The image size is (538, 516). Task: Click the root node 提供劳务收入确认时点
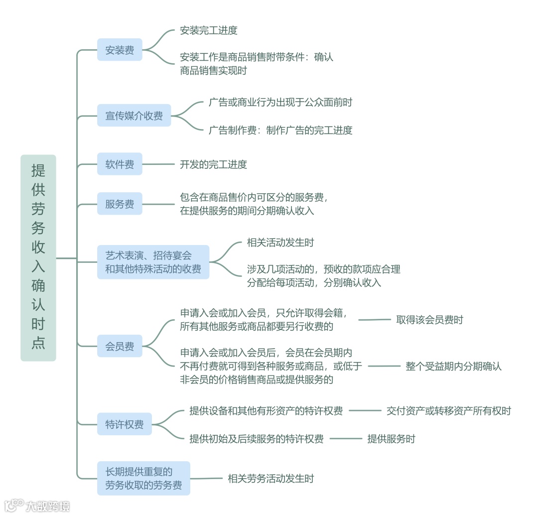click(x=38, y=258)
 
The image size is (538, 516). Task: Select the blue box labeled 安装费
click(x=120, y=50)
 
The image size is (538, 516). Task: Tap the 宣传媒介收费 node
click(x=134, y=116)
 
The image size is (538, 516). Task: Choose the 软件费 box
click(x=120, y=164)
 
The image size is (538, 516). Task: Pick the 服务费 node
click(x=120, y=204)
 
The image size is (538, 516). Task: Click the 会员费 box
click(x=120, y=346)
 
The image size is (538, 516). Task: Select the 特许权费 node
click(x=125, y=424)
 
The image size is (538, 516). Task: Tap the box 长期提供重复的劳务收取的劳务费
click(x=143, y=478)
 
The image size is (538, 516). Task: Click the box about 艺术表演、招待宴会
click(x=153, y=262)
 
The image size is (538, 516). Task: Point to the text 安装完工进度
click(x=209, y=30)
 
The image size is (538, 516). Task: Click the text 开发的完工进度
click(x=213, y=164)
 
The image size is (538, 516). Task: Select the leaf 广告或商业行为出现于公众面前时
click(x=280, y=102)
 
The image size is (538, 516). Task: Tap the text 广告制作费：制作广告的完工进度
click(x=280, y=130)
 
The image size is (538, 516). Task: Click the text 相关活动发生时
click(x=280, y=243)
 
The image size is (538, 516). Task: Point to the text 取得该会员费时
click(x=429, y=319)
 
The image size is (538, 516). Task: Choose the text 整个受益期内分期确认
click(x=454, y=366)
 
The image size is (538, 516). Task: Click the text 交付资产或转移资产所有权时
click(x=449, y=411)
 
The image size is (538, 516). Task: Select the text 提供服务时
click(x=391, y=439)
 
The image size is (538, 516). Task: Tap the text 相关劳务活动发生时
click(x=271, y=479)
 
